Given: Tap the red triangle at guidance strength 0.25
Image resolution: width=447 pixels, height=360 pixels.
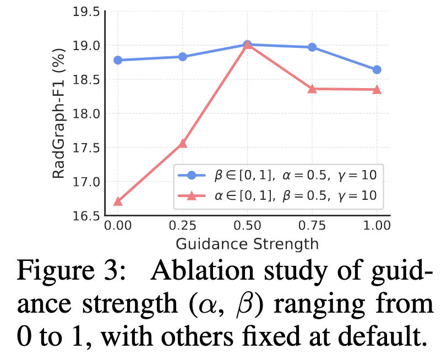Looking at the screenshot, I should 183,144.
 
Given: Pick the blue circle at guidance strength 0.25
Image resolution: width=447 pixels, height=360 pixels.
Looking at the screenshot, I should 183,57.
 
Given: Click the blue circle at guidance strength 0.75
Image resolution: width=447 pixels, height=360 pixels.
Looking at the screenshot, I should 312,47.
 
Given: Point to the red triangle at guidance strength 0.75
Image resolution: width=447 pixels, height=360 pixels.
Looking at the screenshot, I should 312,89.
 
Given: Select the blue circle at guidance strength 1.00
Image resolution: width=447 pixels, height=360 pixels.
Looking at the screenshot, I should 377,70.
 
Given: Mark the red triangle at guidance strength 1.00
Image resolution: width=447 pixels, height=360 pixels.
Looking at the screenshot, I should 377,89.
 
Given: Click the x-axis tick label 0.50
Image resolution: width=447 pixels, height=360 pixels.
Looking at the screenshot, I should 247,226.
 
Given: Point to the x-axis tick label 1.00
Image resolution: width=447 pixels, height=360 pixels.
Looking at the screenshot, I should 377,226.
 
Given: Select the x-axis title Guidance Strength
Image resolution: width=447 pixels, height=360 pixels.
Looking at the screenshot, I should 247,243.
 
